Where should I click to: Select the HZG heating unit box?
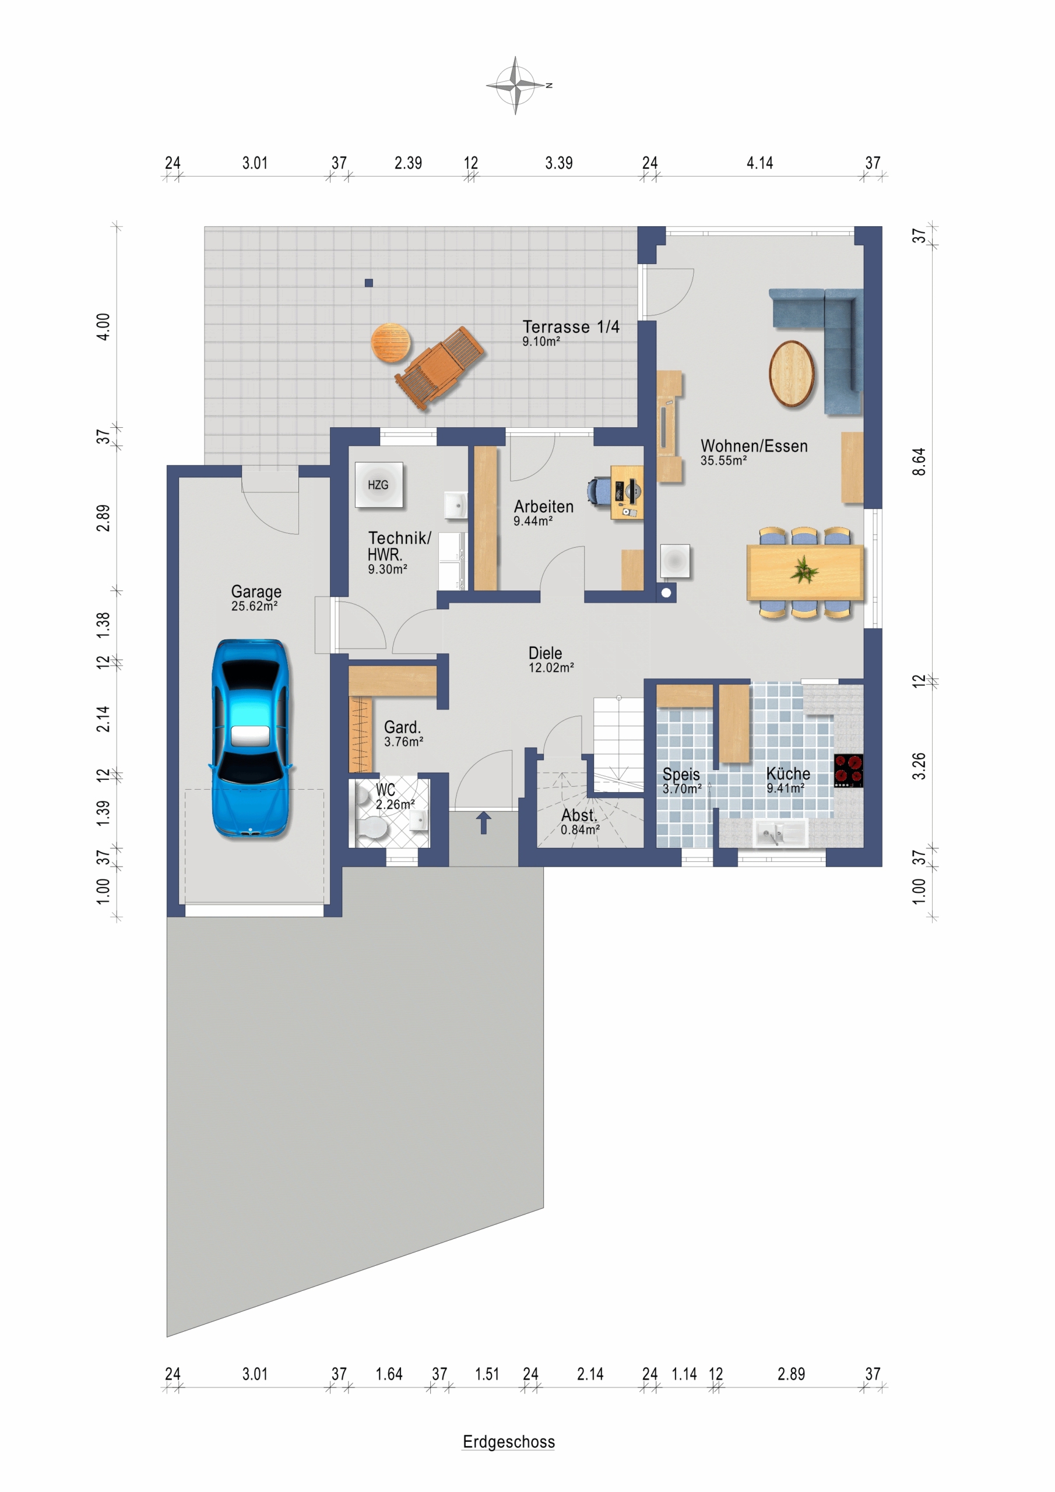click(379, 485)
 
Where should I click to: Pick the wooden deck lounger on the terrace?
click(439, 367)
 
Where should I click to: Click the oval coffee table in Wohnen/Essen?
click(791, 374)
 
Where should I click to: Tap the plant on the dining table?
click(804, 570)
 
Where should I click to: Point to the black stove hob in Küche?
click(848, 770)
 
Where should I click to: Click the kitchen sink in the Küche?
click(780, 832)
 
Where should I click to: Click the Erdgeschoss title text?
click(508, 1441)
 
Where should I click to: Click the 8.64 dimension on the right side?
click(919, 462)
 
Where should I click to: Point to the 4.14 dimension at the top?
click(759, 163)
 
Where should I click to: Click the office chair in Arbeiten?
click(598, 491)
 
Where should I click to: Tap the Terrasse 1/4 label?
click(571, 326)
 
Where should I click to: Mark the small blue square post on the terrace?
click(368, 283)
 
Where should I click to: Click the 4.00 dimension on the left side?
click(103, 326)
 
